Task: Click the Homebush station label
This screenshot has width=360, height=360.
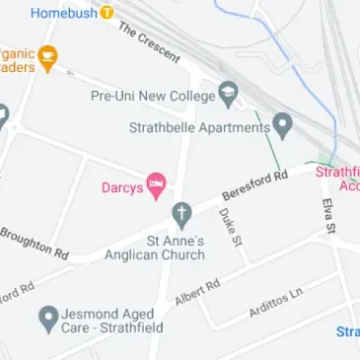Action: pyautogui.click(x=63, y=13)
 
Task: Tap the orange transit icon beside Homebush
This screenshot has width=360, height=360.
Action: pyautogui.click(x=107, y=13)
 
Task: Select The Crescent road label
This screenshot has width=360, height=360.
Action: pyautogui.click(x=149, y=44)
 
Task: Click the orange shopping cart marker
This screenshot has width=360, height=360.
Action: pyautogui.click(x=45, y=56)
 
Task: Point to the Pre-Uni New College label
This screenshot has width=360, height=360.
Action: pyautogui.click(x=153, y=97)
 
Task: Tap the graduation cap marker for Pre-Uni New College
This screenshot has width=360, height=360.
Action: pyautogui.click(x=229, y=95)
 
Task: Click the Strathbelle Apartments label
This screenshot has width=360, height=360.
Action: pyautogui.click(x=198, y=126)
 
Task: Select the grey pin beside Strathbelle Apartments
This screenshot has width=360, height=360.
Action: pyautogui.click(x=282, y=125)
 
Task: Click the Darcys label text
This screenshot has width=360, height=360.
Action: pyautogui.click(x=122, y=186)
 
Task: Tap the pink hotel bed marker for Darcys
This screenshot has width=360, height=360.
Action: pyautogui.click(x=156, y=184)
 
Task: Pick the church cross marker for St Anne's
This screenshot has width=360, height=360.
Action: pyautogui.click(x=180, y=213)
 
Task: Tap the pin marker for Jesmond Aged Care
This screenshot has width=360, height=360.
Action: pyautogui.click(x=46, y=318)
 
